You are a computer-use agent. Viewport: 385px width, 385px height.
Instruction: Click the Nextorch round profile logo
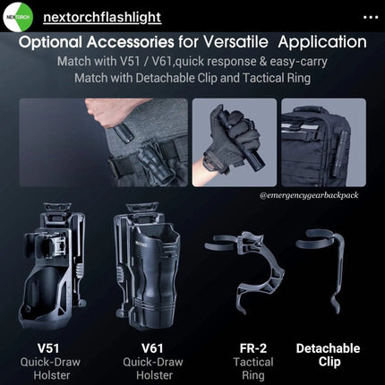(x=18, y=17)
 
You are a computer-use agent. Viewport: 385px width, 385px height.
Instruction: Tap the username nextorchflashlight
(x=102, y=17)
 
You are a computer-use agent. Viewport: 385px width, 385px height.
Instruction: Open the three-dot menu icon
(x=371, y=17)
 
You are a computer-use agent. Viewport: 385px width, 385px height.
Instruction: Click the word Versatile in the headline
(x=235, y=42)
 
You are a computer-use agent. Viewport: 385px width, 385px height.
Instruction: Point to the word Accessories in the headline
(x=131, y=42)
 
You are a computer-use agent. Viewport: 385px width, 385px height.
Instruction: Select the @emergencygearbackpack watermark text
(x=309, y=195)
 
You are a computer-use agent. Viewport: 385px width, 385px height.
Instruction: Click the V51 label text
(x=48, y=348)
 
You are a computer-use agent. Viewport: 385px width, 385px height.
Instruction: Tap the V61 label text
(x=152, y=348)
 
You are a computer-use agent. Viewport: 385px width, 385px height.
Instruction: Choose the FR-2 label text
(x=253, y=348)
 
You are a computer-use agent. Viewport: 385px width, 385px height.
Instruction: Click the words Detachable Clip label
(x=329, y=355)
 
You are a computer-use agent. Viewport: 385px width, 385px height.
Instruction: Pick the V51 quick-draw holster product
(x=52, y=266)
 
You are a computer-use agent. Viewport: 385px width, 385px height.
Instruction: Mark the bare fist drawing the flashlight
(x=105, y=113)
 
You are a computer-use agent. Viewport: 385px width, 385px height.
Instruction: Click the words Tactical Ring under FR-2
(x=253, y=369)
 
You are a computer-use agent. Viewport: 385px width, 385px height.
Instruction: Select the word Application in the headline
(x=322, y=42)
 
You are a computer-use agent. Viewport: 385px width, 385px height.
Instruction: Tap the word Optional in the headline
(x=50, y=42)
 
